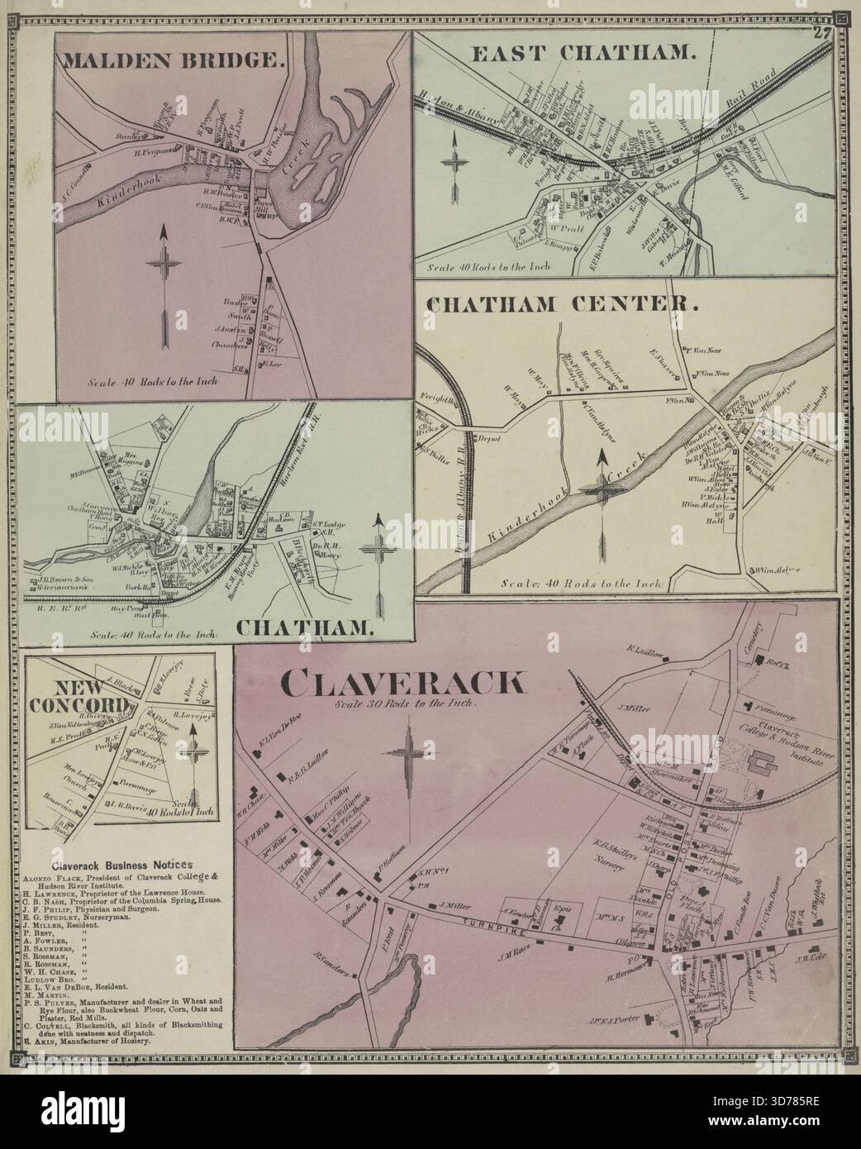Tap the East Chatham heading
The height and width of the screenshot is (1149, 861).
582,54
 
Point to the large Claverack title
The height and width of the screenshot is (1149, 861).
402,683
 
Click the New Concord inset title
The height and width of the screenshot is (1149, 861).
79,696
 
